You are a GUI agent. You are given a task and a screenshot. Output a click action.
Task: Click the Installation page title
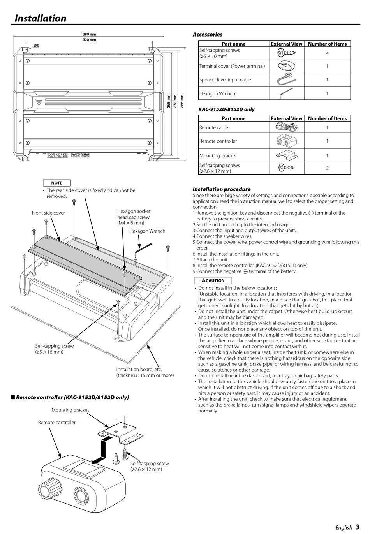(41, 18)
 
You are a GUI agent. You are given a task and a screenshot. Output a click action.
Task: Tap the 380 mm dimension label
(89, 34)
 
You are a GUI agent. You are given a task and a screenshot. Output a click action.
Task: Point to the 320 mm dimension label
(89, 40)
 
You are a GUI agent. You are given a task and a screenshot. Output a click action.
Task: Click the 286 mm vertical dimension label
(182, 101)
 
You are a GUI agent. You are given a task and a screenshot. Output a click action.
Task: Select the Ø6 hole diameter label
(36, 46)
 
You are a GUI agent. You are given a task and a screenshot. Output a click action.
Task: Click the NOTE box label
(57, 183)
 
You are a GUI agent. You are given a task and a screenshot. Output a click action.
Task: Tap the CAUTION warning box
(213, 280)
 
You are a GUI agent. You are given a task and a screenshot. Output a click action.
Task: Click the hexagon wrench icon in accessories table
(286, 93)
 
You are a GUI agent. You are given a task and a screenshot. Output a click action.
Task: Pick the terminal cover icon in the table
(286, 66)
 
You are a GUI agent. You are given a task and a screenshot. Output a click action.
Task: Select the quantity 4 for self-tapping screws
(327, 53)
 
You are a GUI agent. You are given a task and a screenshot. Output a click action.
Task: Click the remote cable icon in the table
(286, 127)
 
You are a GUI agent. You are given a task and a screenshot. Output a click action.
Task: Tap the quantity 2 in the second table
(327, 168)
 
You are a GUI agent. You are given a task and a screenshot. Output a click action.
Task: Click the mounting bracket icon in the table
(286, 155)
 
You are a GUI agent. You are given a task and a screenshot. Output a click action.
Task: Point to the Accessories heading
(208, 35)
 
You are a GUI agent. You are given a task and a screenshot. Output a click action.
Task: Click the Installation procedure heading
(222, 189)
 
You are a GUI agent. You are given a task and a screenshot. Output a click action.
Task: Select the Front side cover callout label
(48, 213)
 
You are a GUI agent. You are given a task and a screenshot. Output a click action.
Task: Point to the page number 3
(357, 527)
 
